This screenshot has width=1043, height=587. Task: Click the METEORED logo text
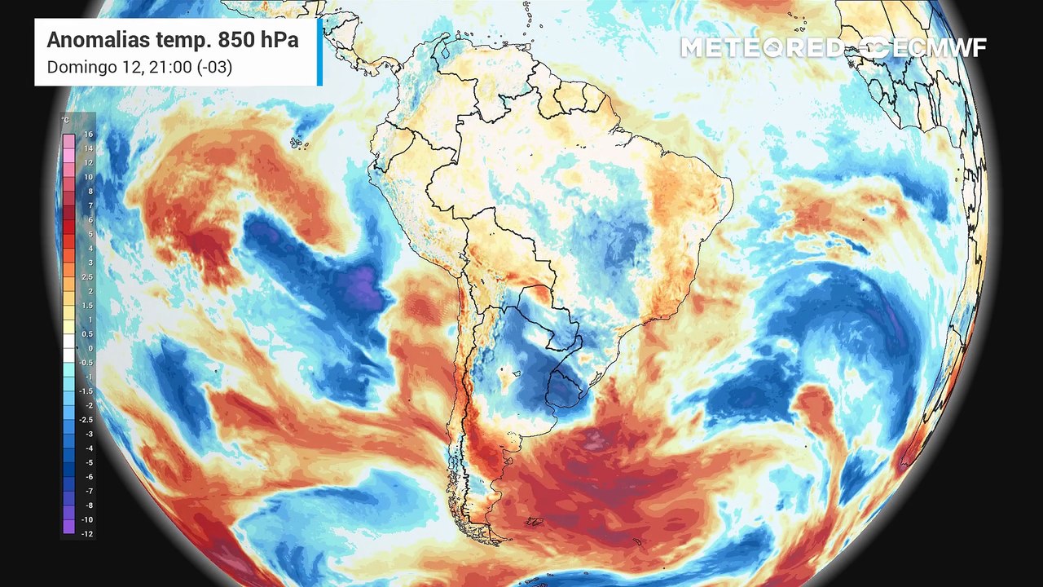point(762,47)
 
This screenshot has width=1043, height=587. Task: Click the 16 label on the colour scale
point(88,134)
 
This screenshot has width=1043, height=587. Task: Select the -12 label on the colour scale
point(88,533)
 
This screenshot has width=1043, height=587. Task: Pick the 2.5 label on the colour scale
point(88,277)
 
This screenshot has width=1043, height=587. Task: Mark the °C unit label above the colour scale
point(65,121)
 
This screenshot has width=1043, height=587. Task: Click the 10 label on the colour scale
point(88,177)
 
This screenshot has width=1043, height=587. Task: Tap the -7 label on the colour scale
point(88,491)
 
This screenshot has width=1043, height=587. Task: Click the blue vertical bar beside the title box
point(319,51)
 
